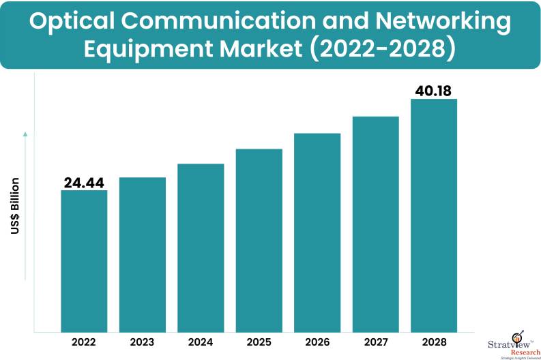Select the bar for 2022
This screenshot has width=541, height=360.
point(84,260)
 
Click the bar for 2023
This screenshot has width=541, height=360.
point(143,254)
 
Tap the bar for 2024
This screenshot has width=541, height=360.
point(201,247)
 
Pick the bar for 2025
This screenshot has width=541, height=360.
point(259,240)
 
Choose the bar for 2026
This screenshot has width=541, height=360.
point(317,232)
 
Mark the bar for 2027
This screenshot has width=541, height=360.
point(375,224)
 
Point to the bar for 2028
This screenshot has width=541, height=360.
point(433,215)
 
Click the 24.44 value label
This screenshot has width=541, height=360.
point(85,182)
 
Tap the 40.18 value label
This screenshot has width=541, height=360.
point(434,91)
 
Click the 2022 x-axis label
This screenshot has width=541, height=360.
point(84,341)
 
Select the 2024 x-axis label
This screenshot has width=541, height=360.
point(201,341)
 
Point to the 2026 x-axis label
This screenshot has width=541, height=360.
point(317,341)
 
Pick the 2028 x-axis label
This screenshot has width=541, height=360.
point(433,341)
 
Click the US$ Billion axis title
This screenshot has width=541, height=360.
point(15,207)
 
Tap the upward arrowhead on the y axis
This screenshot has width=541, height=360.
point(25,134)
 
